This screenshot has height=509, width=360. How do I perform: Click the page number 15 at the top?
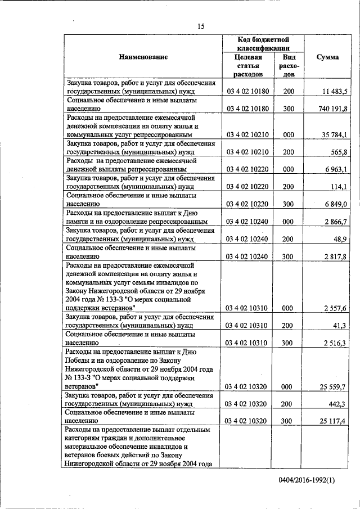201,25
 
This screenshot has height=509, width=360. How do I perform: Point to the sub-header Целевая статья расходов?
247,66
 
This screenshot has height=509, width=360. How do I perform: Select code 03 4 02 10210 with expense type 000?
247,135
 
